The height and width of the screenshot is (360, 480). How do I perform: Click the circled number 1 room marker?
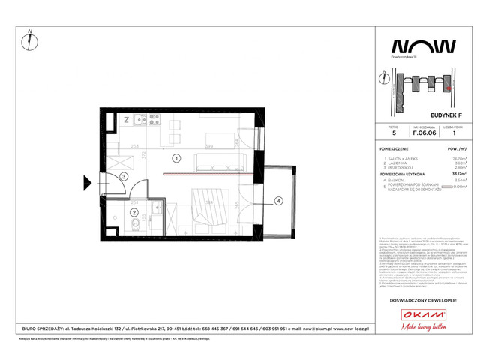point(174,158)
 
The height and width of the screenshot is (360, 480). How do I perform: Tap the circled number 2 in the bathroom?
point(133,213)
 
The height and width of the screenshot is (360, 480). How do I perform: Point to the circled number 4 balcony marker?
point(277,200)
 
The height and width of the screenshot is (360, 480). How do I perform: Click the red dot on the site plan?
point(448,88)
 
